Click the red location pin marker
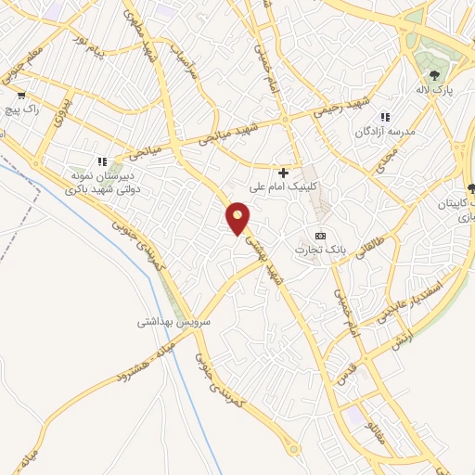tap(239, 219)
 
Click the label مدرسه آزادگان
tap(387, 133)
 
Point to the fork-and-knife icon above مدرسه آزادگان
tap(385, 118)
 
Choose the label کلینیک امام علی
tap(288, 186)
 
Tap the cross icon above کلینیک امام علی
tap(284, 172)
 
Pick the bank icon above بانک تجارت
tap(321, 235)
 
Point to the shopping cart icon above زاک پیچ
tap(20, 95)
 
